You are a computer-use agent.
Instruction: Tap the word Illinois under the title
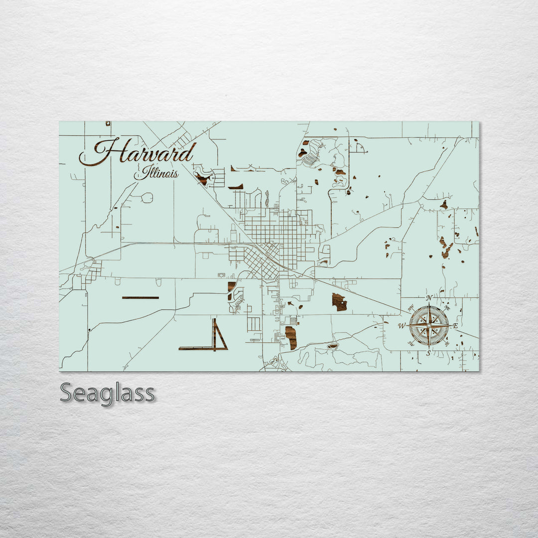coord(156,174)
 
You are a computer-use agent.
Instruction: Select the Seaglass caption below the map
coord(107,393)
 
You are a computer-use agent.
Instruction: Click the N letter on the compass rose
coord(429,298)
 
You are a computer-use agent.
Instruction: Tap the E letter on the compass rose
coord(455,326)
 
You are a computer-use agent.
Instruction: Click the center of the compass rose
coord(429,326)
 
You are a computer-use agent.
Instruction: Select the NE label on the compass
coord(447,308)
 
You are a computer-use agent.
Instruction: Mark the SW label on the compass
coord(411,343)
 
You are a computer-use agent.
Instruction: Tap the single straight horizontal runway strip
coord(140,297)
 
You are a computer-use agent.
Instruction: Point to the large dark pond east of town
coord(339,302)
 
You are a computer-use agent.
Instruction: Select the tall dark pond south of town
coord(291,338)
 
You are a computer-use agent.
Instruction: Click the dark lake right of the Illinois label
coord(202,178)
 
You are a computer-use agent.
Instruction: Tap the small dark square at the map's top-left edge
coord(108,123)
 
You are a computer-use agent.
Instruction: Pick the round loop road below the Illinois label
coord(147,198)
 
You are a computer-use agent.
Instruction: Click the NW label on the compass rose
coord(411,308)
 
